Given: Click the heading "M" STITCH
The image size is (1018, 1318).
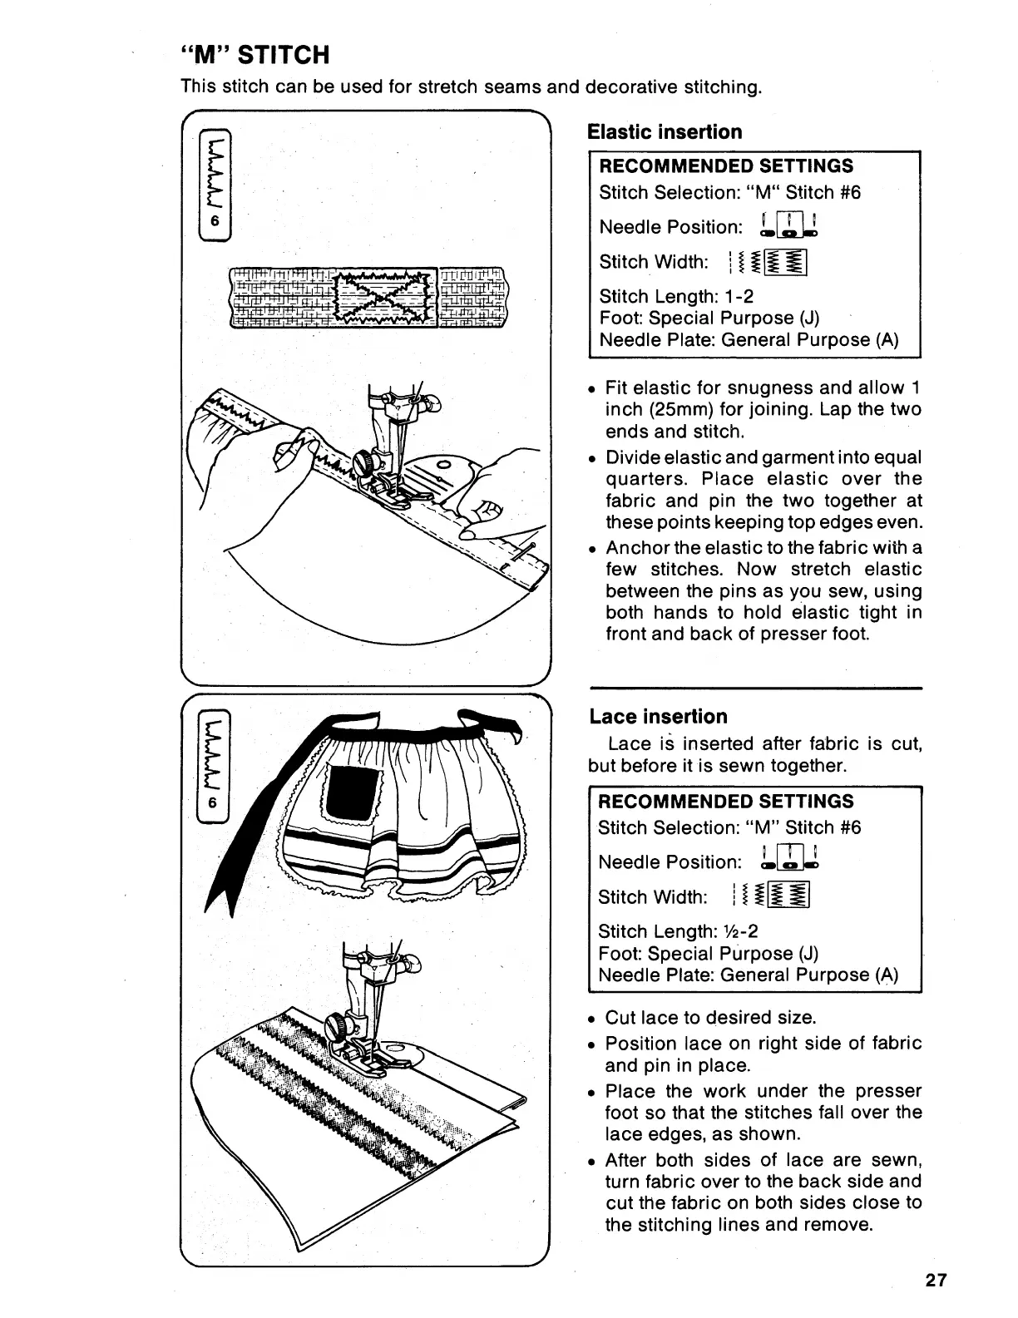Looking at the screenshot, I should [256, 55].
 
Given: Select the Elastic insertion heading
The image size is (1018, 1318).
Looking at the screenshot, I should [665, 132].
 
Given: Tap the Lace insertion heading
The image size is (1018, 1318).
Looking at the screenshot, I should [658, 717].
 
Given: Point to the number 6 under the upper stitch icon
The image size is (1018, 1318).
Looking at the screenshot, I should [214, 221].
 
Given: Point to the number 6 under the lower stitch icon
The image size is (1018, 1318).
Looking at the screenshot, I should [214, 802].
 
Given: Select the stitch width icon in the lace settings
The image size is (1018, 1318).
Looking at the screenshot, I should [769, 897].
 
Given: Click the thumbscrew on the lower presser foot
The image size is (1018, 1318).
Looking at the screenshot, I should [339, 1022].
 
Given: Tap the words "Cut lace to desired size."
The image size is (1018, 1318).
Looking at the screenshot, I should [710, 1018].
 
